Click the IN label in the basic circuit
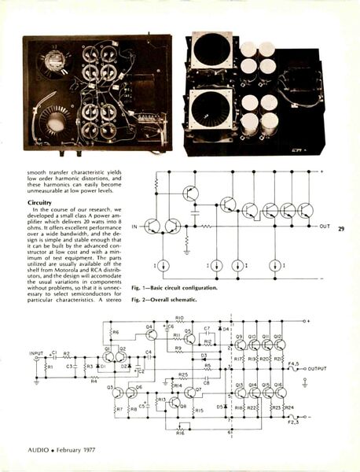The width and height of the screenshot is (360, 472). [x=134, y=227]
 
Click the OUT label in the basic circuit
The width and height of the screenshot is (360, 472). [x=325, y=227]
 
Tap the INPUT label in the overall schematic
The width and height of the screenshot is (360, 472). [x=36, y=353]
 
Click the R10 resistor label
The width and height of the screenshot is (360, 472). [x=180, y=319]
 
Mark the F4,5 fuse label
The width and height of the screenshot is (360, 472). [x=292, y=363]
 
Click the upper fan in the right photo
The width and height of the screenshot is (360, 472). [x=212, y=51]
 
